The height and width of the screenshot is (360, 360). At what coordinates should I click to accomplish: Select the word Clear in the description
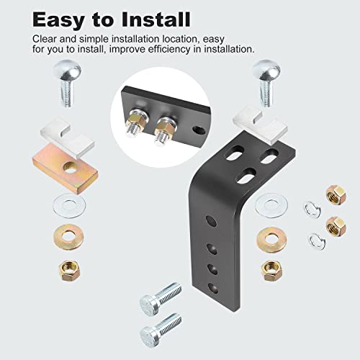(47, 39)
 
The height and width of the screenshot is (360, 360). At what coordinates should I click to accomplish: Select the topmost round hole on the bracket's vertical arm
(208, 220)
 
